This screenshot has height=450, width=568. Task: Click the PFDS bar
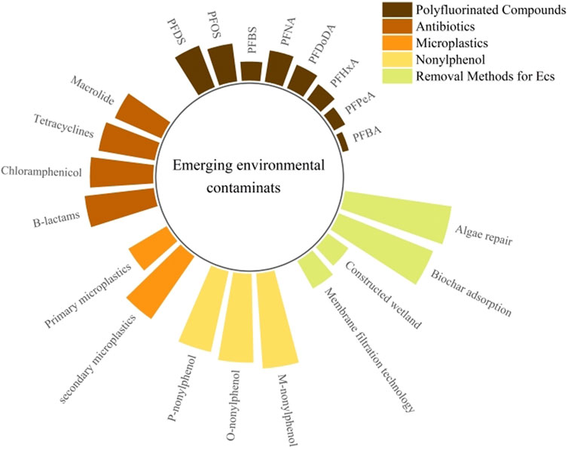pyautogui.click(x=192, y=70)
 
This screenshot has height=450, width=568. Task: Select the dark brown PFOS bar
pyautogui.click(x=222, y=65)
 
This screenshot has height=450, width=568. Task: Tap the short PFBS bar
pyautogui.click(x=251, y=71)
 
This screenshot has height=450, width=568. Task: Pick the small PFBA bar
pyautogui.click(x=343, y=141)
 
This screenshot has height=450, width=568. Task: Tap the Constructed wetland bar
pyautogui.click(x=332, y=249)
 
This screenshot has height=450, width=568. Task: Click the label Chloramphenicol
pyautogui.click(x=44, y=170)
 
